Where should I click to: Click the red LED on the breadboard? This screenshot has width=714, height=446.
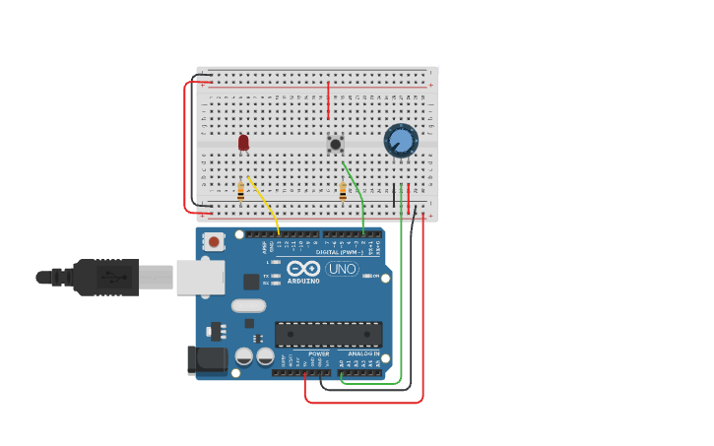[243, 143]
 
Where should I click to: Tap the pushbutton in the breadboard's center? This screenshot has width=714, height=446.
[336, 144]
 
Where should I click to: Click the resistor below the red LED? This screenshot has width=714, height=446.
[241, 190]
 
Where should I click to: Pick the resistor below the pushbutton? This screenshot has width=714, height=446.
[343, 191]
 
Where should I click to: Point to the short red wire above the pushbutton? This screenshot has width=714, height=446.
[328, 100]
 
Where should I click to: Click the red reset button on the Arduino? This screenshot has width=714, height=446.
[214, 239]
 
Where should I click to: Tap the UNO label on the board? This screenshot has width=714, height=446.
[342, 269]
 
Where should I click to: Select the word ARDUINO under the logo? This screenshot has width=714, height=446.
[303, 281]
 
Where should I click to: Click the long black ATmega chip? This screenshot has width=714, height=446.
[328, 334]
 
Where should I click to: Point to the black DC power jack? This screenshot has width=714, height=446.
[207, 359]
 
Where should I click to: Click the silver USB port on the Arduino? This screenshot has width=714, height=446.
[201, 278]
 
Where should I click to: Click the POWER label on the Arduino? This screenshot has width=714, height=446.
[318, 353]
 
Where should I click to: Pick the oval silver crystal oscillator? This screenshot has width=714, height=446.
[248, 306]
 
